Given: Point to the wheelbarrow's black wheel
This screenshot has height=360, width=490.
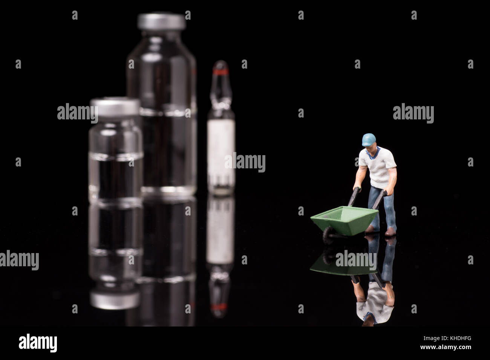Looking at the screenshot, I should pyautogui.click(x=326, y=234).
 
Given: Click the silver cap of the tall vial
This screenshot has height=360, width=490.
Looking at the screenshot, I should pyautogui.click(x=162, y=22).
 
